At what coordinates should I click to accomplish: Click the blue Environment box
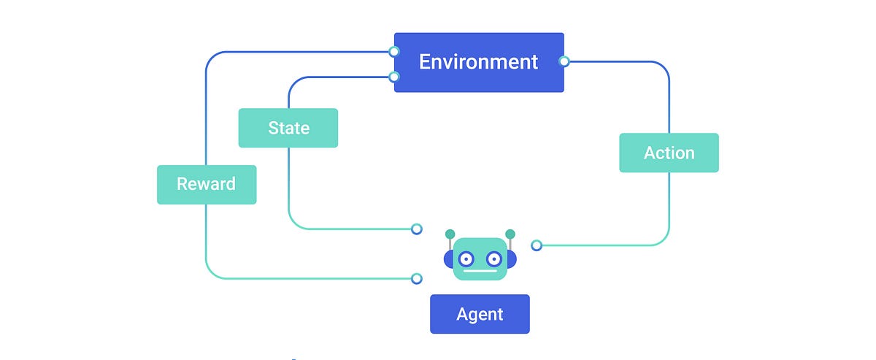point(479,62)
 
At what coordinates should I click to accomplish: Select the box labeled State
point(288,128)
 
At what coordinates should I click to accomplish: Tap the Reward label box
point(207,184)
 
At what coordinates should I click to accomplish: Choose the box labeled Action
point(669,153)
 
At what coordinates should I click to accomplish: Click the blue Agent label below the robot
point(480,314)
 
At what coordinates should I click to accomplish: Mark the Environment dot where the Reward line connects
point(394,51)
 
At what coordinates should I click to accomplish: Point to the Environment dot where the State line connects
point(394,77)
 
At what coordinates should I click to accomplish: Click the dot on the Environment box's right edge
point(564,61)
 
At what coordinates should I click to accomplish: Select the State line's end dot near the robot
point(416,229)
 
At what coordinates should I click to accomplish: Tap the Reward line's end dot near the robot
point(416,278)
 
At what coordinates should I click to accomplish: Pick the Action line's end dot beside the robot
point(537,245)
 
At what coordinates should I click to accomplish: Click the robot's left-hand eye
point(465,258)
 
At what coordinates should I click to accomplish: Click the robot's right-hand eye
point(494,258)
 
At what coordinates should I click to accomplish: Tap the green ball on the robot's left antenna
point(450,234)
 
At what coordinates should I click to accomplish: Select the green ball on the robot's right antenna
point(510,234)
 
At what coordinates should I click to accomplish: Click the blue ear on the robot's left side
point(447,258)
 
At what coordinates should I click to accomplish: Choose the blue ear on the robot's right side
point(512,258)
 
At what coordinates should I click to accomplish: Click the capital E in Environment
point(425,62)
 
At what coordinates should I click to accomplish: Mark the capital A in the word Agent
point(462,314)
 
